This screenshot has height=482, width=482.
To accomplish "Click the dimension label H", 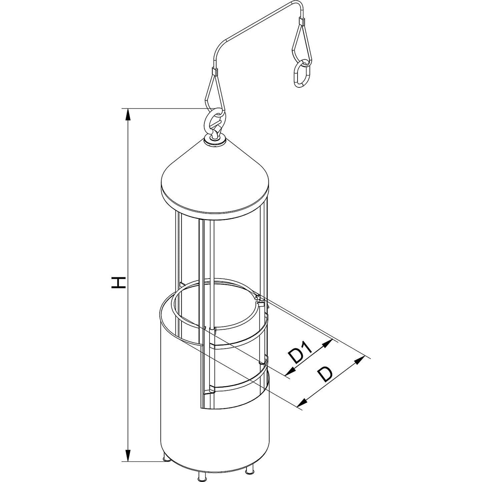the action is click(118, 286).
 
